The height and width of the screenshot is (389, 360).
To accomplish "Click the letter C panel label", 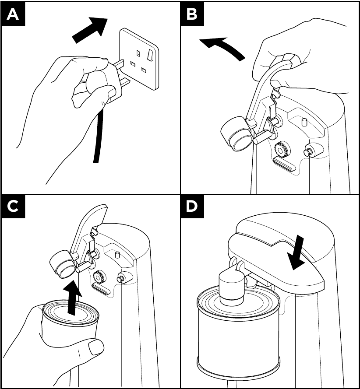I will pyautogui.click(x=13, y=206).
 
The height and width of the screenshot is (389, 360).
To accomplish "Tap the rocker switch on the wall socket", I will pyautogui.click(x=151, y=54).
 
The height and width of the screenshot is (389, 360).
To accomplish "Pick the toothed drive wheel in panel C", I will pyautogui.click(x=99, y=277).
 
